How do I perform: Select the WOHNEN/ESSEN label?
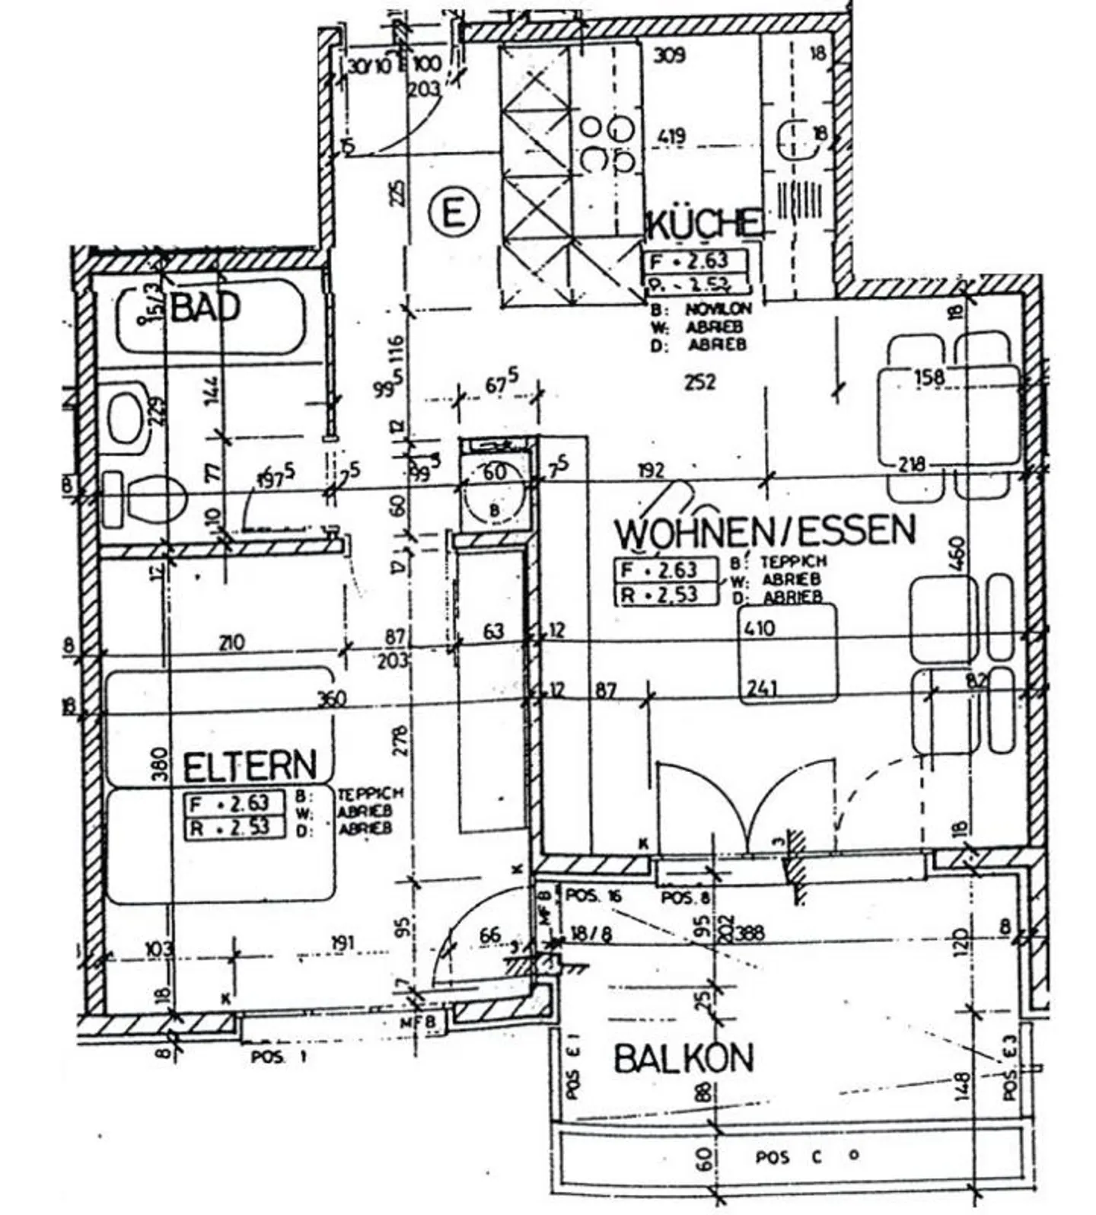click(x=765, y=531)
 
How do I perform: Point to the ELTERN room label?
click(x=250, y=767)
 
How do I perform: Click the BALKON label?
click(x=683, y=1059)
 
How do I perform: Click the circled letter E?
click(x=454, y=212)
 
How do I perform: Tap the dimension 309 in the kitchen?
click(x=670, y=55)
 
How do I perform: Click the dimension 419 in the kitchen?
click(x=671, y=138)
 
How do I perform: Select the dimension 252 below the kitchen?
click(x=699, y=381)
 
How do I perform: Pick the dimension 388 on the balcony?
click(x=750, y=933)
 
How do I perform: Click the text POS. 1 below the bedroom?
click(x=279, y=1057)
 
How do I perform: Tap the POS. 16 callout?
click(x=594, y=896)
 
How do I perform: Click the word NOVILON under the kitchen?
click(x=718, y=309)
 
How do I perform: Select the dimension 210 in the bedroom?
click(x=231, y=643)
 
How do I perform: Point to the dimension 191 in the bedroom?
click(x=343, y=943)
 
